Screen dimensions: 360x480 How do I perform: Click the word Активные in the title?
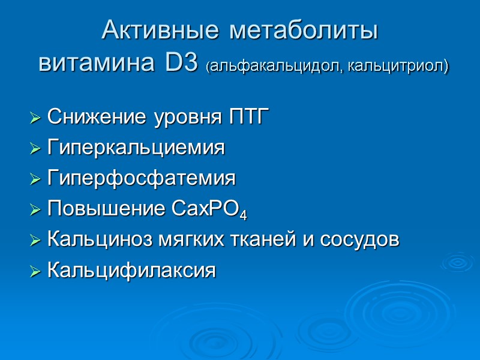(151, 31)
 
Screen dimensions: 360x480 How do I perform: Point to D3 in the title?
(177, 63)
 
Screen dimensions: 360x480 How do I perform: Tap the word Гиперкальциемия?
(136, 148)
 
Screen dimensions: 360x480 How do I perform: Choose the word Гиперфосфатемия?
(141, 178)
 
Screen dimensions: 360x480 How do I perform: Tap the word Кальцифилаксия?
(131, 270)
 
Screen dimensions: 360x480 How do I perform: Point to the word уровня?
(179, 118)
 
